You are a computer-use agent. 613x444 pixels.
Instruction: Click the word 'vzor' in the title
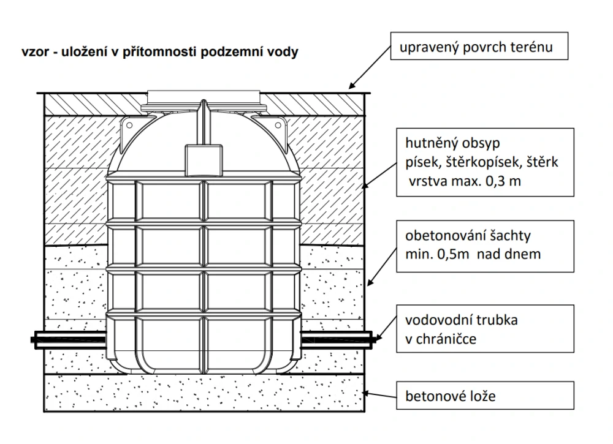pos(34,52)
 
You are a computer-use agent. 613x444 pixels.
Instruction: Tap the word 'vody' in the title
pos(284,52)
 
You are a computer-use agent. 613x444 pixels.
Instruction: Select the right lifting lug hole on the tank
pos(278,126)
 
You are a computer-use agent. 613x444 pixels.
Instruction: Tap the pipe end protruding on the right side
pos(373,337)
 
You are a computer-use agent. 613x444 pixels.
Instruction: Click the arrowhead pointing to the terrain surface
pos(352,87)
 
